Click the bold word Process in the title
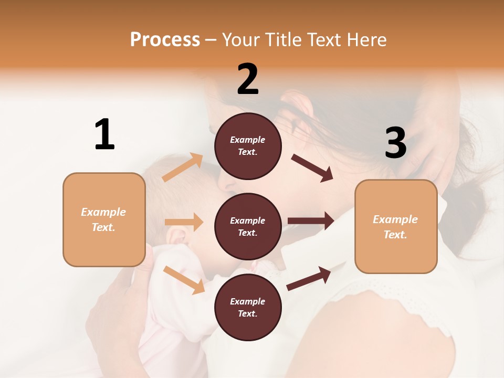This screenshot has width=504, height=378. [165, 39]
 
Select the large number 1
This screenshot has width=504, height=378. [104, 134]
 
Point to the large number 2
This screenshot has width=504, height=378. [248, 79]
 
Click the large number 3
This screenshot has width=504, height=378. [395, 143]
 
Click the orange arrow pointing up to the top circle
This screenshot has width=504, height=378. [183, 167]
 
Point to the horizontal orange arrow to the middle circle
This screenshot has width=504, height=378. [184, 222]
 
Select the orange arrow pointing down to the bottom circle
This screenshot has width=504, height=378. [184, 279]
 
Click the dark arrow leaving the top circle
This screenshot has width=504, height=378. [312, 168]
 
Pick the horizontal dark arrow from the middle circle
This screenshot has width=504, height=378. [311, 220]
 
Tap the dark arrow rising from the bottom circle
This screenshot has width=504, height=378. [309, 278]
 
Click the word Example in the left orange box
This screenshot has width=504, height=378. [103, 212]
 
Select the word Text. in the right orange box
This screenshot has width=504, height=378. [395, 235]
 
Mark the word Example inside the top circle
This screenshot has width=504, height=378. [248, 140]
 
